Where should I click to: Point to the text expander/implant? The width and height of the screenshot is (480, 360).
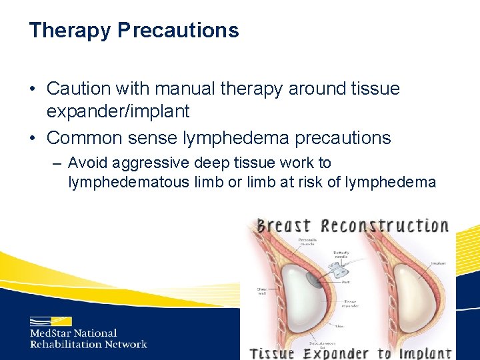pyautogui.click(x=118, y=111)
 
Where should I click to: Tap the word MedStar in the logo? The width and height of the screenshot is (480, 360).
pyautogui.click(x=51, y=333)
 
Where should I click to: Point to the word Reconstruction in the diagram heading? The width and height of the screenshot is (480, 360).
pyautogui.click(x=385, y=225)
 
